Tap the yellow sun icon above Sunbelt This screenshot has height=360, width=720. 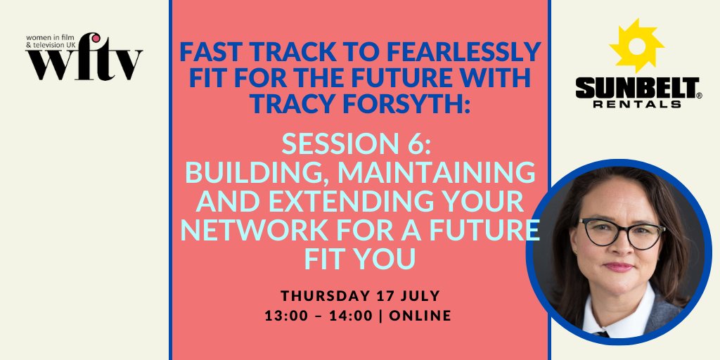coord(636,46)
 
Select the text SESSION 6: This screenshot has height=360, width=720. coord(359,145)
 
